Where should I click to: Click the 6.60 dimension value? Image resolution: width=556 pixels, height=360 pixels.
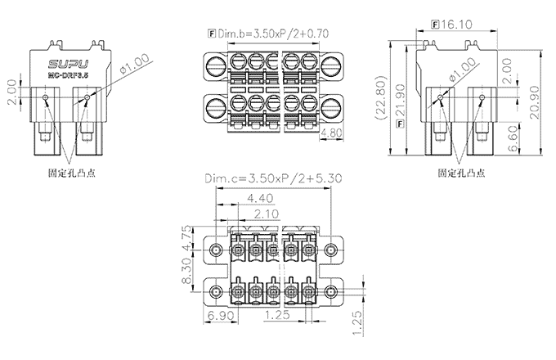(x=512, y=135)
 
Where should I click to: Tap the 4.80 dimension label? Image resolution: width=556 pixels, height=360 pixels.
(x=331, y=131)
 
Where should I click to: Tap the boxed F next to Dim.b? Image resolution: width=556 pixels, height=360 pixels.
(x=212, y=34)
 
